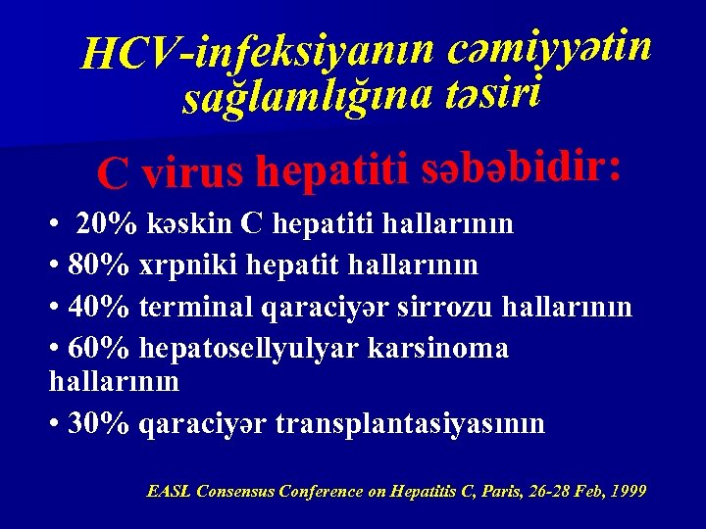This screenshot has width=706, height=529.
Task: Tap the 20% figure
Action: (107, 224)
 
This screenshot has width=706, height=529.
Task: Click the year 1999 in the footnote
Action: (627, 491)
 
